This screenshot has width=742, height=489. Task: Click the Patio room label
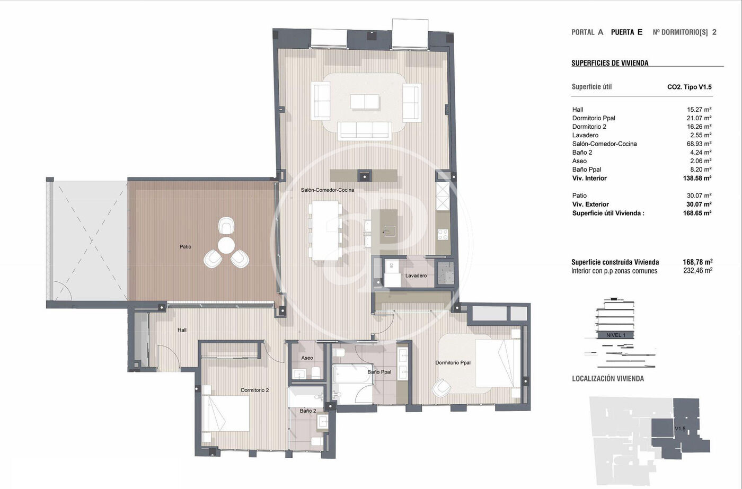point(185,247)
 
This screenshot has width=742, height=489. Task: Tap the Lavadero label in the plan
point(416,275)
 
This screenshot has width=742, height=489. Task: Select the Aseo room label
point(307,358)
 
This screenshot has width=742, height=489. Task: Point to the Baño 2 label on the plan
point(308,411)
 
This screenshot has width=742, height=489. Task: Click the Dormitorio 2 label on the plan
point(255,390)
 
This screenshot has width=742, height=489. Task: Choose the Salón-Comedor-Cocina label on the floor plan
point(328,190)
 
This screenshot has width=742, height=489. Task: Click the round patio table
point(226,245)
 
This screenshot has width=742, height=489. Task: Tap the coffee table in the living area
point(365,102)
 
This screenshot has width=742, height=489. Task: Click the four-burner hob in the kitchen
point(443,234)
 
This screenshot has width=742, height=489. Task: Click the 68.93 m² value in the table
point(699,144)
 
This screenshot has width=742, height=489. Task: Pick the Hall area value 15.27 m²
point(699,109)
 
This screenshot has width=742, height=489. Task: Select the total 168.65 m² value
point(697,213)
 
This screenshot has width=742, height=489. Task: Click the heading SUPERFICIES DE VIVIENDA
point(610,63)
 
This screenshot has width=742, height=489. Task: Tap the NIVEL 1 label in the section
point(616,335)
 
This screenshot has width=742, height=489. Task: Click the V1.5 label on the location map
point(680,429)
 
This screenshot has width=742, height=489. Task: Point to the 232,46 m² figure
point(697,271)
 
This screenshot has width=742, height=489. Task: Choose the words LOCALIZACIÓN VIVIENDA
point(608,379)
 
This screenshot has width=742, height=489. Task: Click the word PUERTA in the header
point(622,32)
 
